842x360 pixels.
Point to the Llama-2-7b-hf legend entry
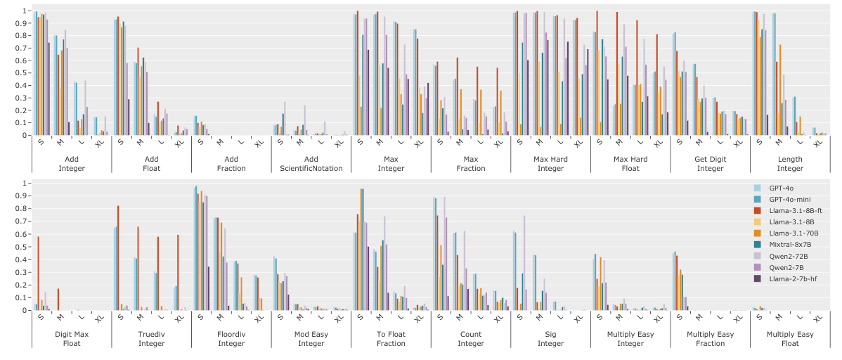click(x=794, y=278)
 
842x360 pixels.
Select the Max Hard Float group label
click(x=630, y=163)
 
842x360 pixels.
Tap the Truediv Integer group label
click(x=151, y=339)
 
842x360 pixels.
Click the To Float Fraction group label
click(x=391, y=339)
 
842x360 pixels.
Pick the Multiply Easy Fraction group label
click(x=710, y=339)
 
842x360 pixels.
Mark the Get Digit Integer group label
click(x=710, y=163)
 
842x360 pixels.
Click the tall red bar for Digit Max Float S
click(x=38, y=274)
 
